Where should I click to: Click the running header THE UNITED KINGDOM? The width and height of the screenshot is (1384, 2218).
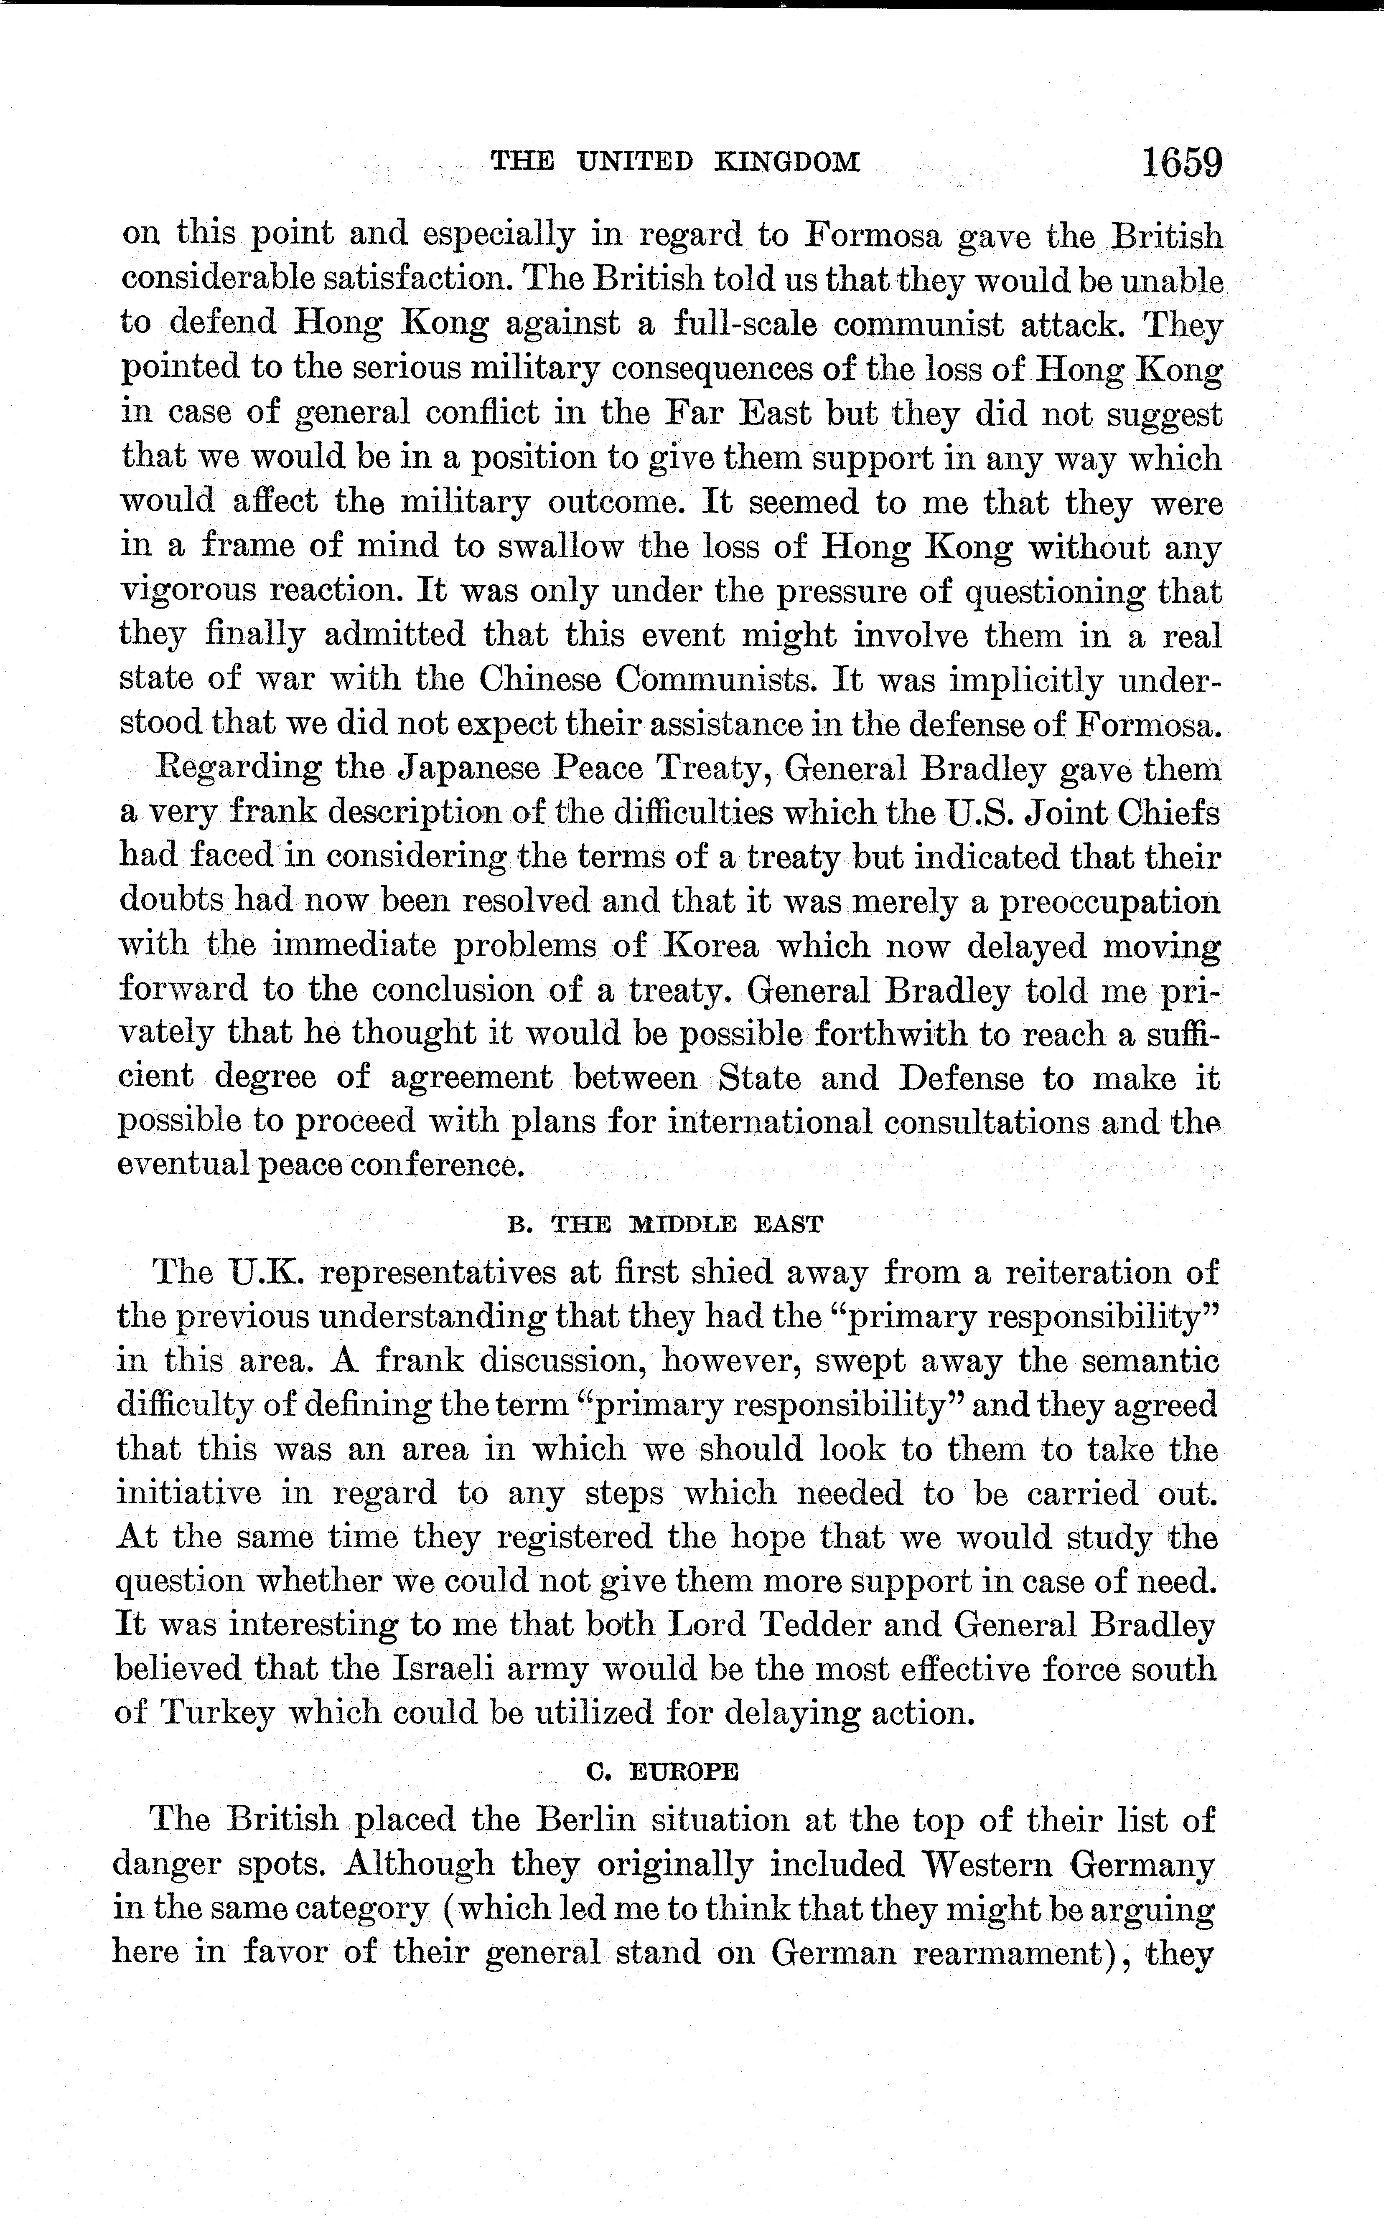pyautogui.click(x=676, y=163)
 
